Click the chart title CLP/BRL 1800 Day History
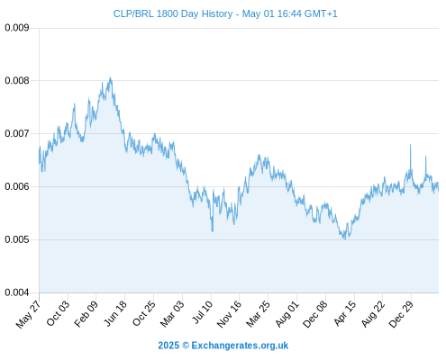(173, 13)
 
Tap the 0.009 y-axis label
(17, 28)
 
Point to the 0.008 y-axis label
(17, 81)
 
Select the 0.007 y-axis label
(17, 133)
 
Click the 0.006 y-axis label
(17, 186)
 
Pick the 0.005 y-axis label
(17, 239)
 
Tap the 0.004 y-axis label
(17, 292)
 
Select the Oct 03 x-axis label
(58, 313)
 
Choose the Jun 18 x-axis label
(115, 313)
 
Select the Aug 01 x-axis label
(287, 313)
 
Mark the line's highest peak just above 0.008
(110, 77)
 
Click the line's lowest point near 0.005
(345, 239)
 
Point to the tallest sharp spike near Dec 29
(410, 145)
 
